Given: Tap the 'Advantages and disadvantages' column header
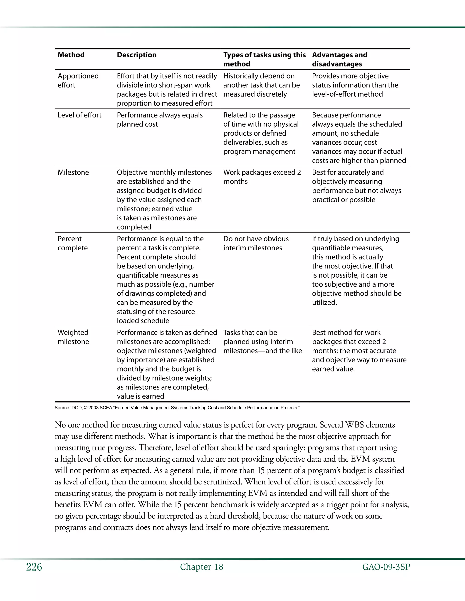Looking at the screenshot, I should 339,59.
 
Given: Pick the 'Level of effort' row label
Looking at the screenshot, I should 79,115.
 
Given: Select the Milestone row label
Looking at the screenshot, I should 73,172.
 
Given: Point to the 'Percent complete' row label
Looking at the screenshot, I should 72,243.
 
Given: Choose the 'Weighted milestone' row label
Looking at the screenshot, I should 73,337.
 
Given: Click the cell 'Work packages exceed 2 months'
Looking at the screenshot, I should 262,177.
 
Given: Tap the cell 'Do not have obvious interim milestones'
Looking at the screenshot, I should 256,243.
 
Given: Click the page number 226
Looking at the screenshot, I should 34,567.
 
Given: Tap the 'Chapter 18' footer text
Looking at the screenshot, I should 201,567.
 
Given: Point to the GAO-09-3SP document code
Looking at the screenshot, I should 386,567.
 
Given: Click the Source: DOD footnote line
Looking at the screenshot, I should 177,408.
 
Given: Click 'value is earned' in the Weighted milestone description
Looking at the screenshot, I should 141,396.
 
